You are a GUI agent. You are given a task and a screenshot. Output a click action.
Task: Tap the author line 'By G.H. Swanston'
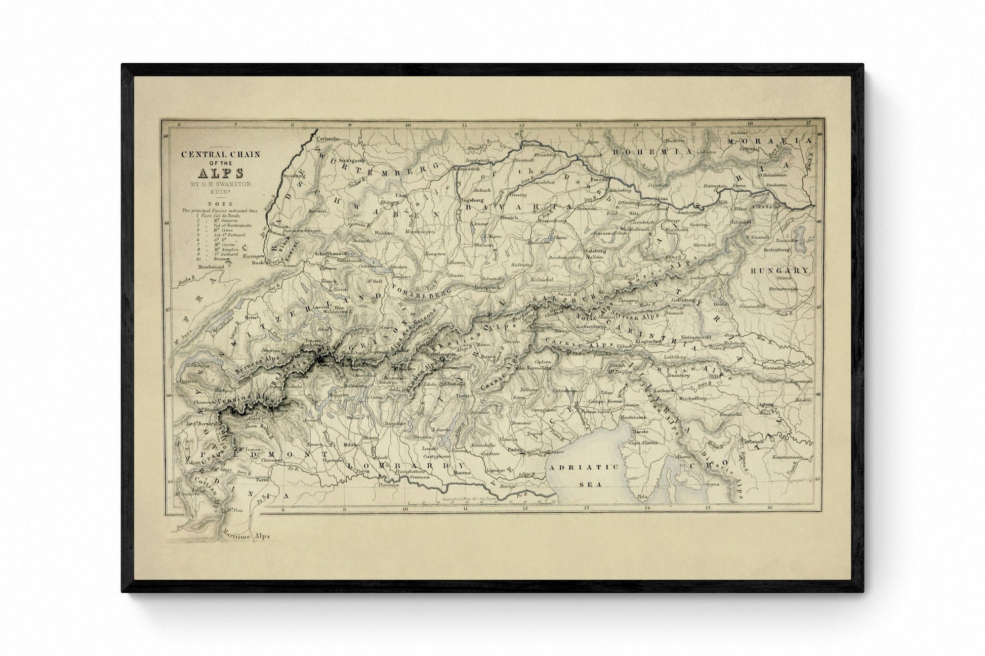(221, 184)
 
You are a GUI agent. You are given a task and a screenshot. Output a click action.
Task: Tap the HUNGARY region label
(779, 271)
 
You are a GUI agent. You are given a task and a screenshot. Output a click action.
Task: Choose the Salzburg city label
(595, 251)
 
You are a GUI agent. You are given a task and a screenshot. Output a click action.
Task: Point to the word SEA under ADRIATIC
(590, 484)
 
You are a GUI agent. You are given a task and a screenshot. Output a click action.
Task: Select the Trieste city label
(639, 432)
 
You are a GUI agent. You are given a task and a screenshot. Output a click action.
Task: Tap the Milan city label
(350, 444)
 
